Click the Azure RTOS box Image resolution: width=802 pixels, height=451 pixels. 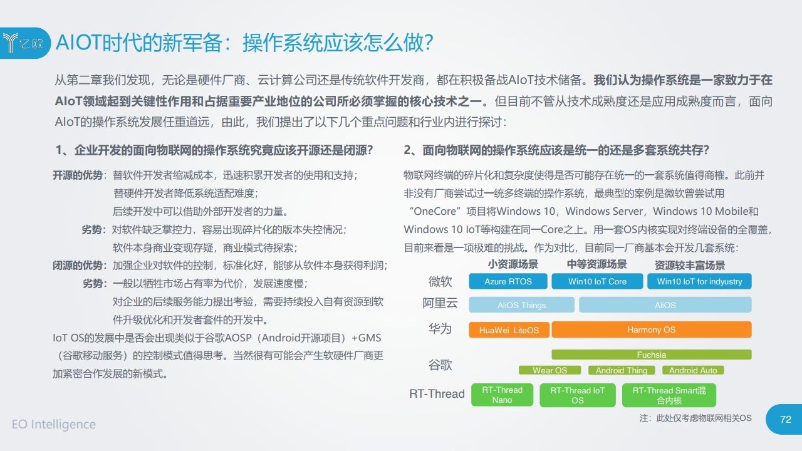[x=508, y=281]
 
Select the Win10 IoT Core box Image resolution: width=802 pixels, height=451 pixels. [x=597, y=281]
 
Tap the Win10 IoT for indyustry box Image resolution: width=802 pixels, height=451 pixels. [x=699, y=281]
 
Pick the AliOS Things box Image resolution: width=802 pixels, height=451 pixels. [x=522, y=305]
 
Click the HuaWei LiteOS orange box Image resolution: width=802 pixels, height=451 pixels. [x=509, y=330]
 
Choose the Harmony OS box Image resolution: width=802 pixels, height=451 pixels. [x=651, y=329]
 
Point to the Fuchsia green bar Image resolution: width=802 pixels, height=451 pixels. [x=651, y=355]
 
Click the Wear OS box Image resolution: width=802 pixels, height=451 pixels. [x=549, y=370]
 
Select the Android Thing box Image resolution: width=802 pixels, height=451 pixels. [x=622, y=370]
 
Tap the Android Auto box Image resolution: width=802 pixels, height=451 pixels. [x=693, y=370]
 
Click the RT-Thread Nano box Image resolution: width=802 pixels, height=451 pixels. [x=502, y=395]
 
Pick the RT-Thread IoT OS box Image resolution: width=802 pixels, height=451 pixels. [x=578, y=395]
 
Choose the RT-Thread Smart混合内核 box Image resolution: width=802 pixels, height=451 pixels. [x=669, y=395]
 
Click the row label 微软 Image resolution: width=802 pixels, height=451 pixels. [x=440, y=282]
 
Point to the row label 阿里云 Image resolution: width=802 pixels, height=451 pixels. [x=440, y=303]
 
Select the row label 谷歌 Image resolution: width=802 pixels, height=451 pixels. [x=440, y=365]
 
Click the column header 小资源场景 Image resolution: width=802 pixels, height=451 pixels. [x=513, y=264]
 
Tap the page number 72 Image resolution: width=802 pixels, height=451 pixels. [x=786, y=419]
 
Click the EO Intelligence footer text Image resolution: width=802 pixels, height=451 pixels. [x=54, y=424]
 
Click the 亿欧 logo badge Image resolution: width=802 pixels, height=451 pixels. [x=25, y=43]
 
